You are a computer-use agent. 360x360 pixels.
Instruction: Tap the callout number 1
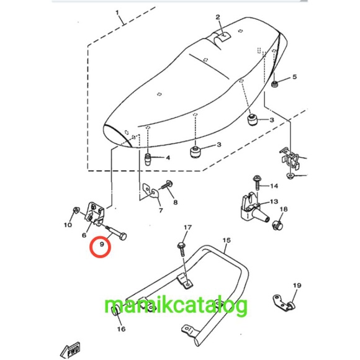click(x=117, y=12)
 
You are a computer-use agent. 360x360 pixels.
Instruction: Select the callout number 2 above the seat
click(x=218, y=17)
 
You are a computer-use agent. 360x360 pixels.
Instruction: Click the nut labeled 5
click(x=274, y=84)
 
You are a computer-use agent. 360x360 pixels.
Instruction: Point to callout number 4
click(x=168, y=158)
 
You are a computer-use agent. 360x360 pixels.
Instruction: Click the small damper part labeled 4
click(x=147, y=159)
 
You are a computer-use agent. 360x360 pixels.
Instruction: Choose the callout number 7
click(x=161, y=210)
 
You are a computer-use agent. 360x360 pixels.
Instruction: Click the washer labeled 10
click(x=76, y=210)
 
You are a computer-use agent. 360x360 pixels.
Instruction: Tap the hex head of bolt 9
click(x=123, y=236)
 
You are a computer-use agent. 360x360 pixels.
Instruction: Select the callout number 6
click(x=84, y=235)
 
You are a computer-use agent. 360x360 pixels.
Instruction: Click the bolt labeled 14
click(x=257, y=183)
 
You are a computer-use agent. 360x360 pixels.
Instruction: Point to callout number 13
click(x=274, y=202)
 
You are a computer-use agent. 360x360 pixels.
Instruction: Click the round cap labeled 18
click(x=277, y=225)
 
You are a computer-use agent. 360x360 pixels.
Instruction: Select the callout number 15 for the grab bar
click(x=227, y=240)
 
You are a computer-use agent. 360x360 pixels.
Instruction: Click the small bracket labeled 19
click(x=284, y=304)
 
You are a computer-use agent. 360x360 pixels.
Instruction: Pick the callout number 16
click(x=121, y=329)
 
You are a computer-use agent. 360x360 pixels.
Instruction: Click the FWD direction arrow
click(x=70, y=350)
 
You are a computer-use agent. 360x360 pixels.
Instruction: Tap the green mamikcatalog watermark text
click(x=176, y=305)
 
